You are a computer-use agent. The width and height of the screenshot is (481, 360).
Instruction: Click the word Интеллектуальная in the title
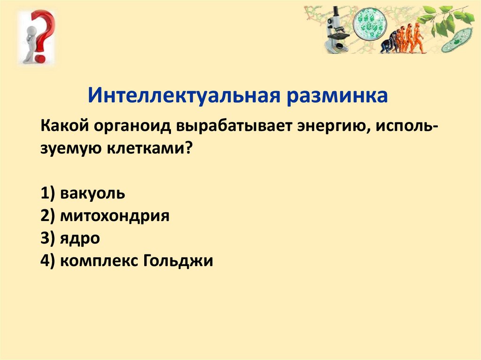(x=184, y=95)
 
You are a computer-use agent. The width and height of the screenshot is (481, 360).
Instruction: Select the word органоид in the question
(x=132, y=127)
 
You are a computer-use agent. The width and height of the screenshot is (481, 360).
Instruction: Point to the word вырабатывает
(x=233, y=127)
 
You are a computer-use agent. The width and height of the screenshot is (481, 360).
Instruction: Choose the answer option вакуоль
(x=93, y=193)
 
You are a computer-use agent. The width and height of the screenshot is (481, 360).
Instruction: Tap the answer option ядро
(x=80, y=238)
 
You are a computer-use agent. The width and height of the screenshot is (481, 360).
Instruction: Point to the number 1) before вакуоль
(x=47, y=193)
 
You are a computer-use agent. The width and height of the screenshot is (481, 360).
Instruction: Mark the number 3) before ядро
(x=47, y=238)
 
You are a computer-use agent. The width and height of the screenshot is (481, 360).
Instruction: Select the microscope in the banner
(x=337, y=30)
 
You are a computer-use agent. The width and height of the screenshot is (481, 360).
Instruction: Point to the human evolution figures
(x=402, y=39)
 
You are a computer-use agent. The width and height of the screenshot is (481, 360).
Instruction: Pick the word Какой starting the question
(x=64, y=126)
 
